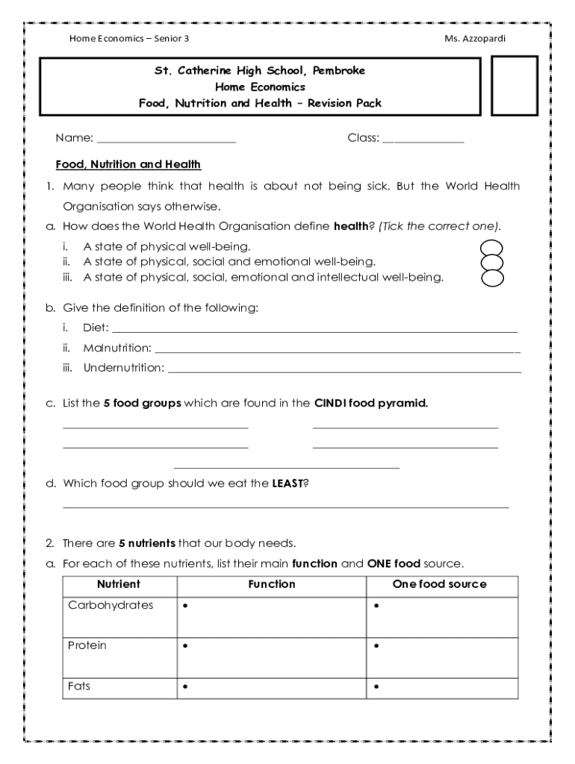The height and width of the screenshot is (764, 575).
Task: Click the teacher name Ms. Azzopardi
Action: click(474, 38)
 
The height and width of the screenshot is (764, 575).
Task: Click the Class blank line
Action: click(423, 140)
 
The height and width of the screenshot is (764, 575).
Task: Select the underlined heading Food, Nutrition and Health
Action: click(128, 164)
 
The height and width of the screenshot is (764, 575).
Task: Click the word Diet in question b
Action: click(96, 328)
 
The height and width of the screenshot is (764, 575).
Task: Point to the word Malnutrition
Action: click(116, 348)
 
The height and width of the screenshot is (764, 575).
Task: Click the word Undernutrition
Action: click(123, 368)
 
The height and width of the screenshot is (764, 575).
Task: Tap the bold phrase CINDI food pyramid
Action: click(370, 404)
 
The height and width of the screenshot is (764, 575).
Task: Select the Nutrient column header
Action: click(118, 584)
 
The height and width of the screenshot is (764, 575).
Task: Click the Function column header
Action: click(272, 584)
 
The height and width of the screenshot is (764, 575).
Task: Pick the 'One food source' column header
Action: click(439, 584)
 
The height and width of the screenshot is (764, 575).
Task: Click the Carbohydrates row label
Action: click(111, 605)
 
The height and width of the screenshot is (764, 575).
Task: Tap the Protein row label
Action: click(87, 645)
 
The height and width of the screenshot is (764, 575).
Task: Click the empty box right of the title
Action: click(514, 87)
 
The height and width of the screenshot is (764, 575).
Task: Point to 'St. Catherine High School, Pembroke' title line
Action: click(259, 71)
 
